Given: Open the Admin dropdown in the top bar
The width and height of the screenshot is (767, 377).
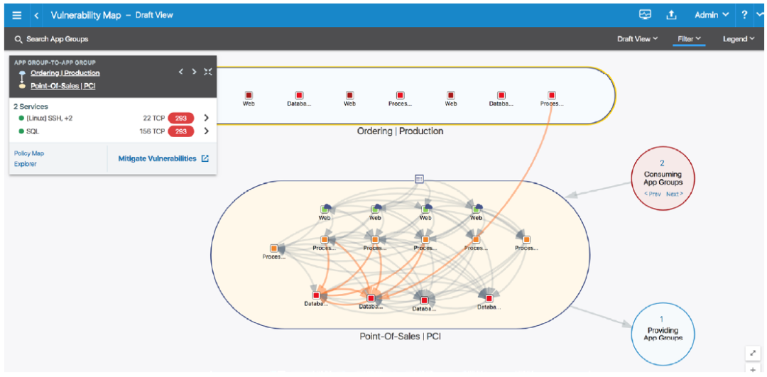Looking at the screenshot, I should tap(711, 15).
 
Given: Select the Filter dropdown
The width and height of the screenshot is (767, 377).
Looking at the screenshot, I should tap(689, 39).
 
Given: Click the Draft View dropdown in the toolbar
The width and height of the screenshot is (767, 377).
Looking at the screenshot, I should tap(637, 39).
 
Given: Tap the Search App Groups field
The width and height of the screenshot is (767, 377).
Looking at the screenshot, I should tap(57, 39).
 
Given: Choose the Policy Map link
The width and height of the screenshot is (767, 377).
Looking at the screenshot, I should tap(29, 153).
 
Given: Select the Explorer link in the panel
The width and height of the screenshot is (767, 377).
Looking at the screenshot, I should tap(26, 164).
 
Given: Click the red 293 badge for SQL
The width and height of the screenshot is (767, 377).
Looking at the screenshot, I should tap(181, 131).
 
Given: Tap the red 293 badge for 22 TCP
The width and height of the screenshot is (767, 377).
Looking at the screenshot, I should tap(181, 118).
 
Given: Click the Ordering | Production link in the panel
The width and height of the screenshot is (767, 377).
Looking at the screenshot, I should tap(65, 73).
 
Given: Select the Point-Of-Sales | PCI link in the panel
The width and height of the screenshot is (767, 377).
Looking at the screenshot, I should tap(63, 86).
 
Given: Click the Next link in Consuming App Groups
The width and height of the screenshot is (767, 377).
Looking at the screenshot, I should tap(674, 194).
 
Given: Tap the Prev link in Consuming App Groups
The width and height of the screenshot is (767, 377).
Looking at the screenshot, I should tap(652, 194).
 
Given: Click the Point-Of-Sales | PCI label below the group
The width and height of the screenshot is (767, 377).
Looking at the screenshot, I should tap(400, 336).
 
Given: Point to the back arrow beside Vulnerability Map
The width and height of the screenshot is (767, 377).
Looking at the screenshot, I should tap(36, 15).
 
